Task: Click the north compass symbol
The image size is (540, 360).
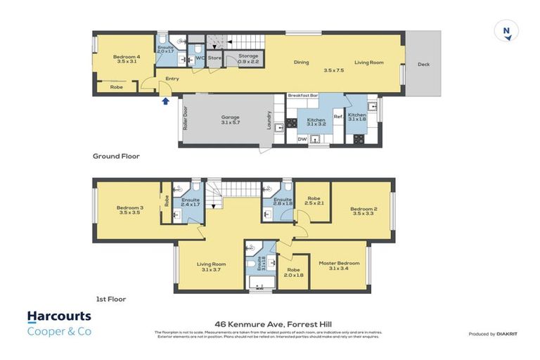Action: [x=506, y=30]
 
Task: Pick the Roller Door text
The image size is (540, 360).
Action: [x=186, y=119]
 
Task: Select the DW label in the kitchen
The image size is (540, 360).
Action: [x=302, y=139]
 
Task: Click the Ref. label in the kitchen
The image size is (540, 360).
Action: [x=337, y=117]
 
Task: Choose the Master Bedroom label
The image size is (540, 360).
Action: [x=339, y=263]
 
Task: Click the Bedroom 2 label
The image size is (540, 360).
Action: [x=364, y=208]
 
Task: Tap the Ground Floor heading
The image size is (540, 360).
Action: [x=116, y=156]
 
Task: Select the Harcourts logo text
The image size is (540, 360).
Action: [x=59, y=317]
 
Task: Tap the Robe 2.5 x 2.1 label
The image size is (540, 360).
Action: [x=314, y=200]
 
